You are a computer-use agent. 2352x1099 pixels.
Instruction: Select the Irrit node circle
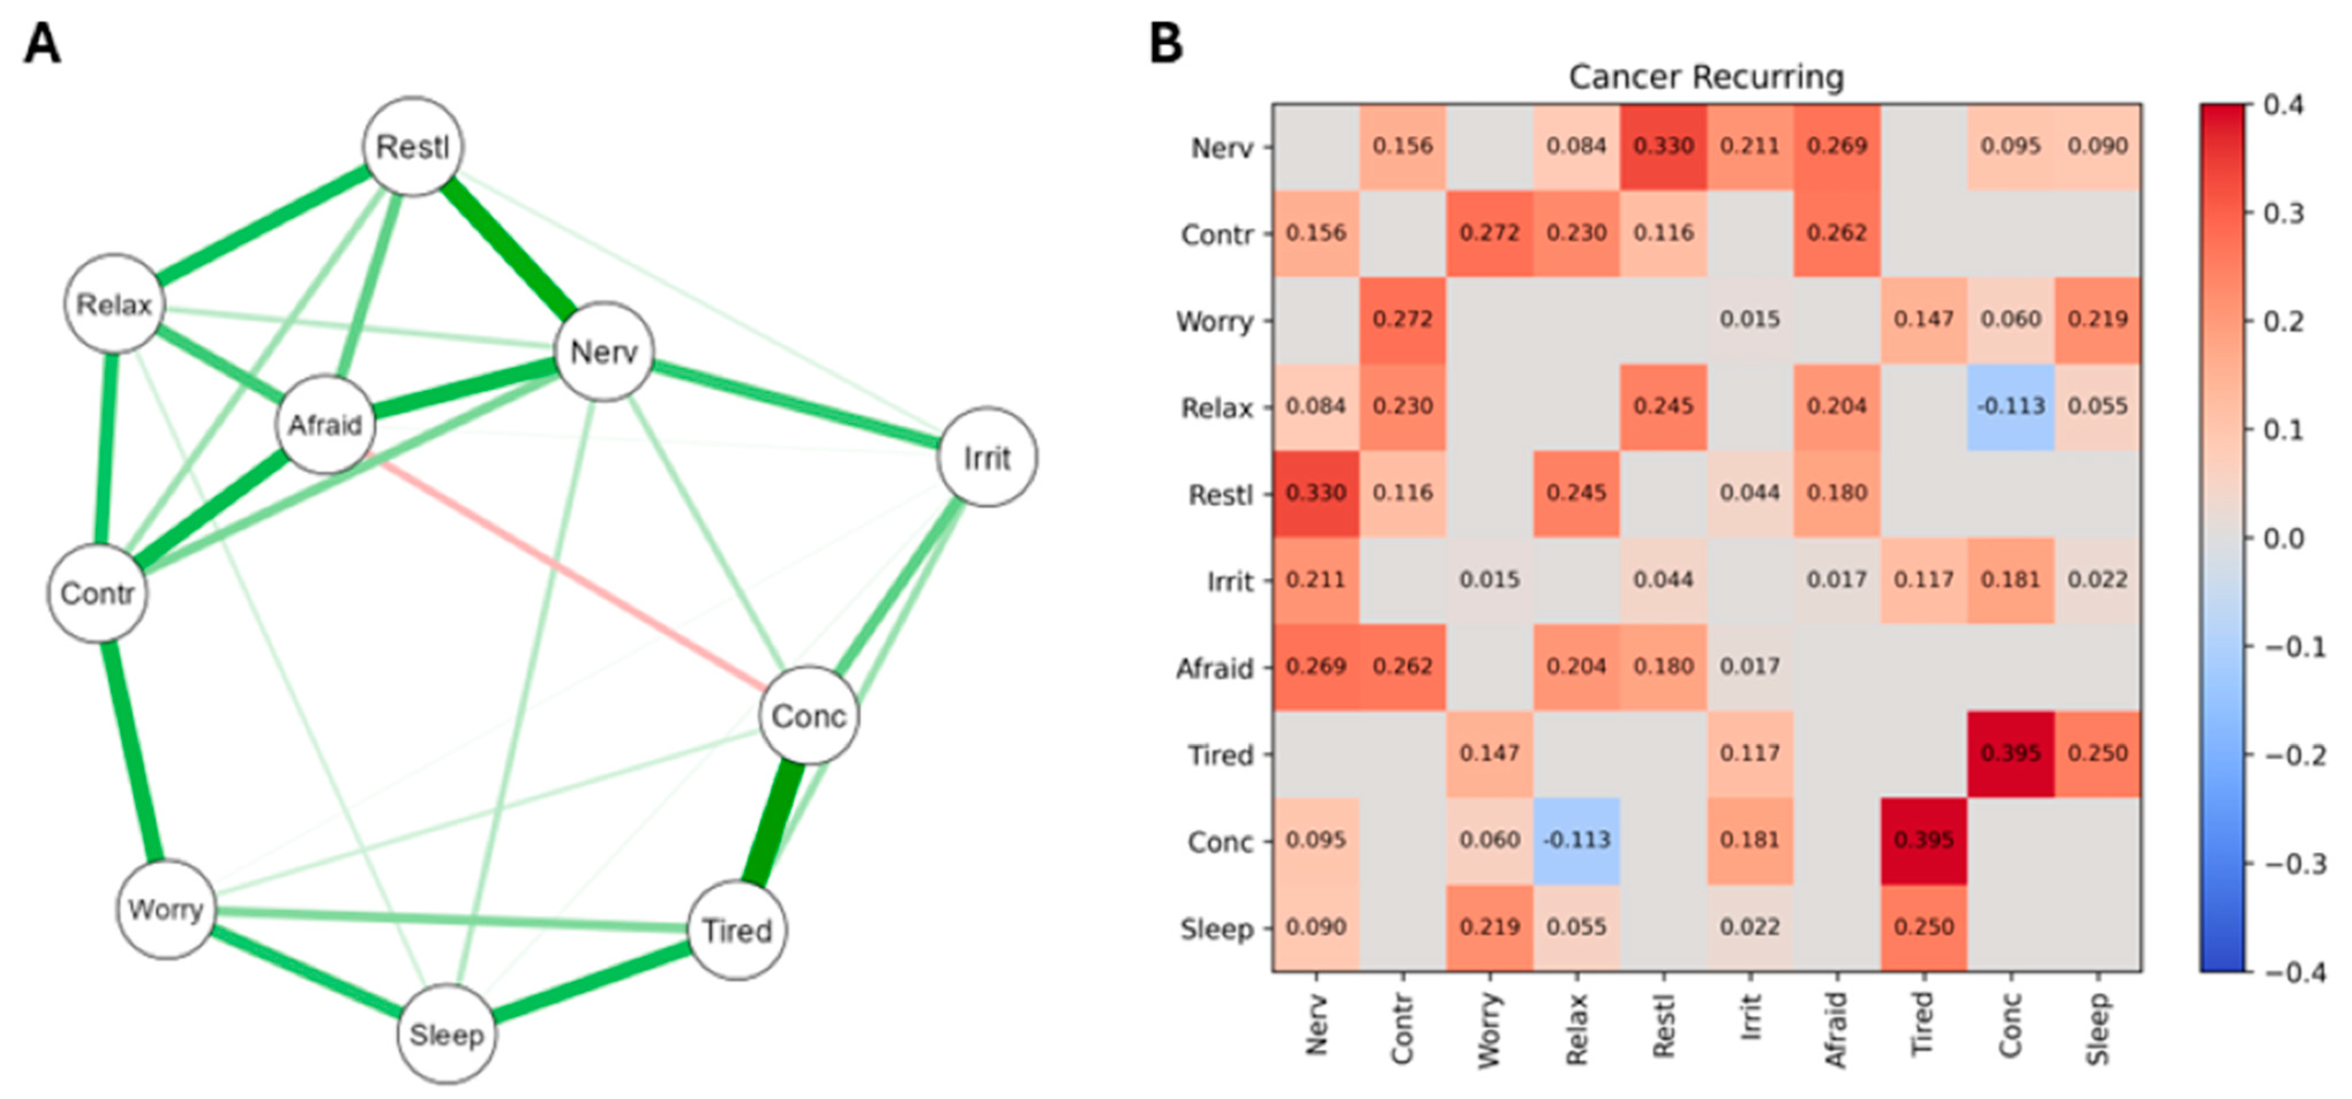[987, 457]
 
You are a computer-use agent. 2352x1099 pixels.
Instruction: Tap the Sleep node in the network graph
[447, 1034]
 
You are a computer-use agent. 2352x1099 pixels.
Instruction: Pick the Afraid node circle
[326, 424]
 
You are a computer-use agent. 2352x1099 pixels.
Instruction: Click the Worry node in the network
[166, 909]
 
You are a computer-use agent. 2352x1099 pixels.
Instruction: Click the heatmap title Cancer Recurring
[1705, 77]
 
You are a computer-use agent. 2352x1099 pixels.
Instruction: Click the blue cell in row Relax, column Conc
[2010, 406]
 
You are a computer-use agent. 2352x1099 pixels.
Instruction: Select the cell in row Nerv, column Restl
[1664, 146]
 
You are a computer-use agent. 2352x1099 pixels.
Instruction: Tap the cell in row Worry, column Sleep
[2097, 319]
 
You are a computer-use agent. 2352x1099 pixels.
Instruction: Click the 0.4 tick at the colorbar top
[2285, 105]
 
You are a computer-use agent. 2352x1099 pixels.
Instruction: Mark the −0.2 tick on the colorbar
[2292, 755]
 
